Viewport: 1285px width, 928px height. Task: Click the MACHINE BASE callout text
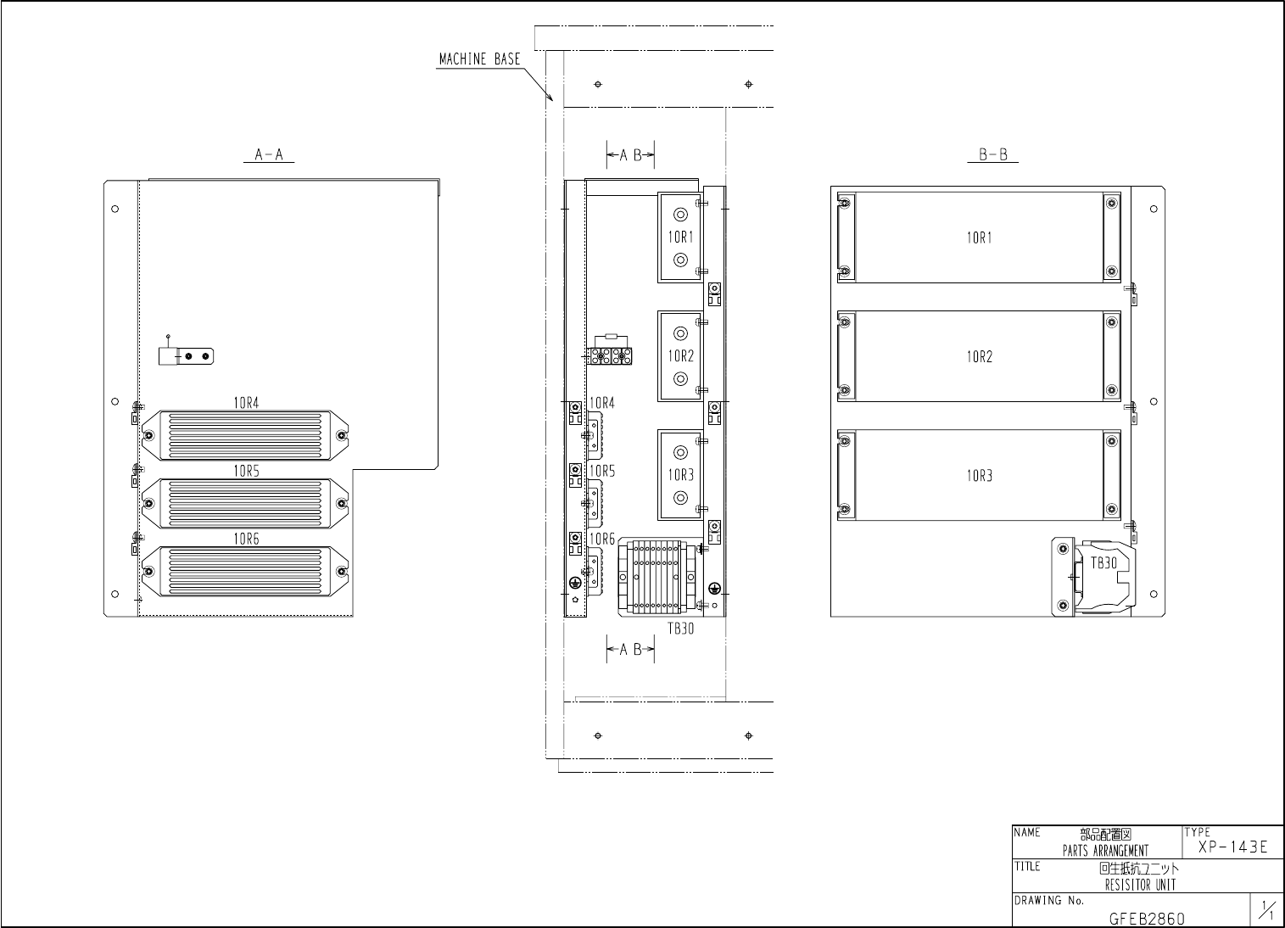pos(479,59)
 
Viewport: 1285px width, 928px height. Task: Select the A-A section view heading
pos(269,154)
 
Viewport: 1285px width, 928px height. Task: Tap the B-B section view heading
pos(993,154)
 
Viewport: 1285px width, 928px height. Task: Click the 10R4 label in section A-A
pos(246,403)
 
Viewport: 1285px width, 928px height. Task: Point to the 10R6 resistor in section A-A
pos(245,571)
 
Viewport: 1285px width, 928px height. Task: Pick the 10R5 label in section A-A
pos(246,471)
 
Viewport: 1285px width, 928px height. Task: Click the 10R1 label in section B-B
pos(980,238)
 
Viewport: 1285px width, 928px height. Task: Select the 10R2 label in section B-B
pos(980,357)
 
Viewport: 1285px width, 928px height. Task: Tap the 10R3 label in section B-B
pos(980,476)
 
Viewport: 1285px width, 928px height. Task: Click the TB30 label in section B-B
pos(1103,563)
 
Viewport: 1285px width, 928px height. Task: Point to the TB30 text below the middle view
pos(680,629)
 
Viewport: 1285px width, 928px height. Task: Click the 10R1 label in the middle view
pos(680,237)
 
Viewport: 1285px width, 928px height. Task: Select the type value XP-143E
pos(1232,847)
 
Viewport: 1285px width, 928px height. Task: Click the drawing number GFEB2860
pos(1147,919)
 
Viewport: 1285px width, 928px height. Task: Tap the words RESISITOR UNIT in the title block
pos(1141,885)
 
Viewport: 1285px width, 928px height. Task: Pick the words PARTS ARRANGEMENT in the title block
pos(1105,851)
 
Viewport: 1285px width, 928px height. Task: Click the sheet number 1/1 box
pos(1267,909)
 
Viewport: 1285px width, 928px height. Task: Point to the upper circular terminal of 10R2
pos(680,333)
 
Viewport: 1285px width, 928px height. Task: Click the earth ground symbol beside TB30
pos(714,588)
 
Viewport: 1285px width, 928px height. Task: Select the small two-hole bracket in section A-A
pos(187,356)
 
